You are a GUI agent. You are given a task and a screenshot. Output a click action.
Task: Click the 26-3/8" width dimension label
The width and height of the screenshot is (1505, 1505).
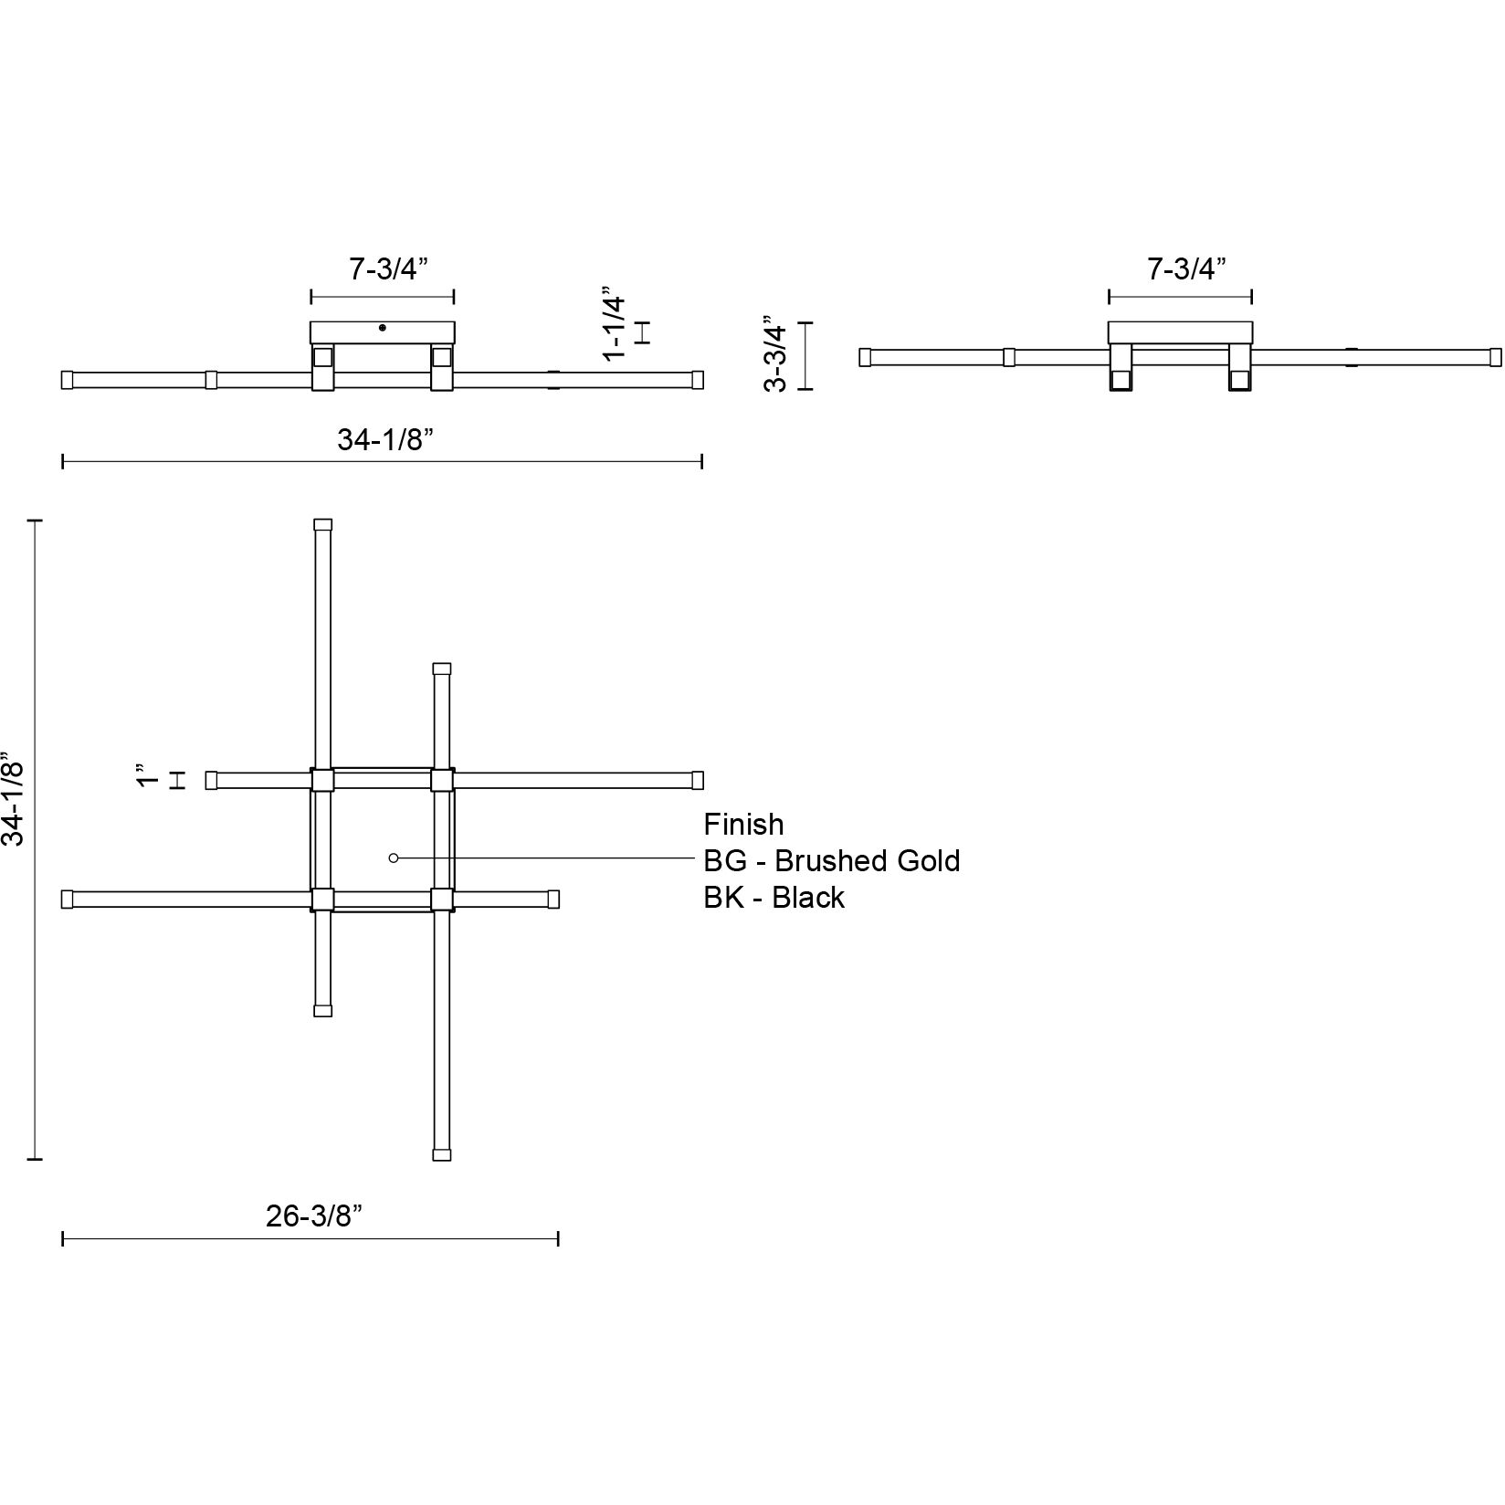point(315,1216)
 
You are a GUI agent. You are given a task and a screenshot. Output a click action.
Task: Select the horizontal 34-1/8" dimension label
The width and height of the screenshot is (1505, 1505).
point(384,439)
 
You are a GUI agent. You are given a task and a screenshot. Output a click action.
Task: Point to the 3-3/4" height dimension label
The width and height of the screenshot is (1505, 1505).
point(775,355)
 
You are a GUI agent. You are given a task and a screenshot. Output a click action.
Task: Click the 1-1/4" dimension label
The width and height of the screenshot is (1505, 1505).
point(616,327)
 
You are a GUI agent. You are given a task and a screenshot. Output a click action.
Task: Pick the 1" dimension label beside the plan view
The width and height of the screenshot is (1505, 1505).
point(145,776)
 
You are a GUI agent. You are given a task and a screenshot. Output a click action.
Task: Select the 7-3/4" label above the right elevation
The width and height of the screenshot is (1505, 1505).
point(1186,268)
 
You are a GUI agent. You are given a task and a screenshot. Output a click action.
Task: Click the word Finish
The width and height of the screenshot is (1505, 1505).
point(743,825)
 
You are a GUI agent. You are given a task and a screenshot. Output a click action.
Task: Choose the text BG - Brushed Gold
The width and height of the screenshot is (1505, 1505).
point(831,861)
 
